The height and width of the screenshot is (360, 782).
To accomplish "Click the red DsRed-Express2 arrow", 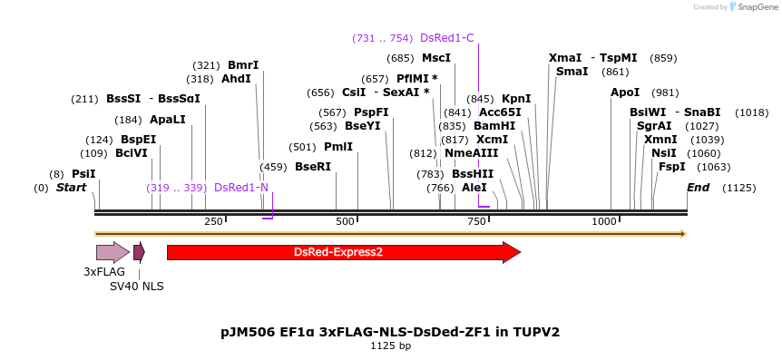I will point(343,252).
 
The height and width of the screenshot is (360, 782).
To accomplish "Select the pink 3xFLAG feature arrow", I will point(112,253).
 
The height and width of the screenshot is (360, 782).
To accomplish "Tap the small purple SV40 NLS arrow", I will point(139,252).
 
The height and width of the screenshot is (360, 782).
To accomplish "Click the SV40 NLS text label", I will point(137,287).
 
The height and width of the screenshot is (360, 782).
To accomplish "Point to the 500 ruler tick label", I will point(346,221).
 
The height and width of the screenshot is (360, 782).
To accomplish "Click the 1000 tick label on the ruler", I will point(604,221).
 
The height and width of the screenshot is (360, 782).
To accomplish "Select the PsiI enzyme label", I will point(83,174).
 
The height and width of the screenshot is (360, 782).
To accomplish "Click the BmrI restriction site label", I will point(243,65).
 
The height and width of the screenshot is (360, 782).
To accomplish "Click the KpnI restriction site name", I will point(516,99).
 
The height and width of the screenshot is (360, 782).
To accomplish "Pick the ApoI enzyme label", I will point(625,92).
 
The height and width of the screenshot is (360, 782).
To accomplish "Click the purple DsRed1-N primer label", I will point(241,188).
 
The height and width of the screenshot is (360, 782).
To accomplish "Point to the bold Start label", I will point(72,188).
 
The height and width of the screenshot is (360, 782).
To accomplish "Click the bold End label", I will point(699,188).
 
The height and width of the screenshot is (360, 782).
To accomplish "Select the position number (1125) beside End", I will point(738,188).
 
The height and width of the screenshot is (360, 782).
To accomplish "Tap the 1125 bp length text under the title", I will point(390,345).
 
